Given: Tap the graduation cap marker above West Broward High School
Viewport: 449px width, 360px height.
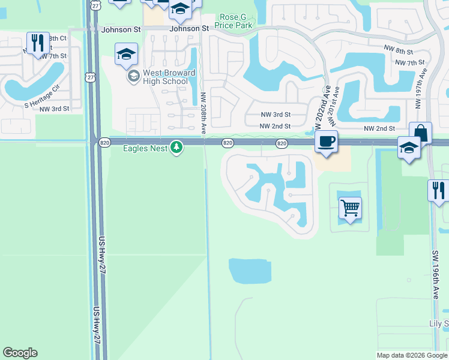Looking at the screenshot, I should [x=126, y=54].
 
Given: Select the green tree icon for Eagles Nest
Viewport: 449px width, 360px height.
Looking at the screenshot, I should [x=176, y=147].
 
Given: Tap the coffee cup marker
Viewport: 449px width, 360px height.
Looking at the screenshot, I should [x=326, y=142].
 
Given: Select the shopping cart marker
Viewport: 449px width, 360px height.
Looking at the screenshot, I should [x=350, y=209].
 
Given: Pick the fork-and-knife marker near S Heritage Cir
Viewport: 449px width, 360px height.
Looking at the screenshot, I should [x=38, y=43].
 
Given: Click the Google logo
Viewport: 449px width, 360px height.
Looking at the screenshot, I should [x=20, y=353].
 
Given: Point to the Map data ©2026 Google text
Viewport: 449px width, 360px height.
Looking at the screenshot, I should [x=412, y=355].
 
